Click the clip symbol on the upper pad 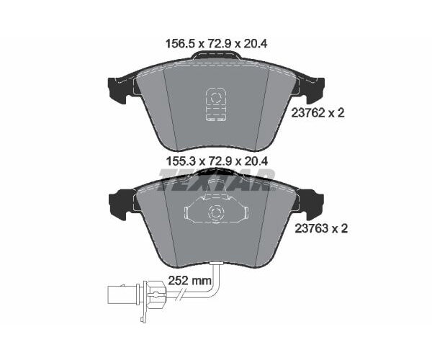point(215,104)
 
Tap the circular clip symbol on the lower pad point(215,213)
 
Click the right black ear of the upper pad point(310,89)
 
